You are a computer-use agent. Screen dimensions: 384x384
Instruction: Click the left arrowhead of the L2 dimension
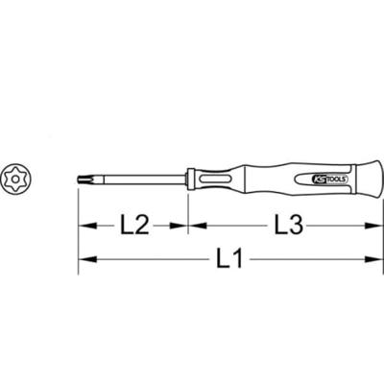(85, 227)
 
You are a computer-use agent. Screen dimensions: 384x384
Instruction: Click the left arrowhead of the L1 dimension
(85, 258)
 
